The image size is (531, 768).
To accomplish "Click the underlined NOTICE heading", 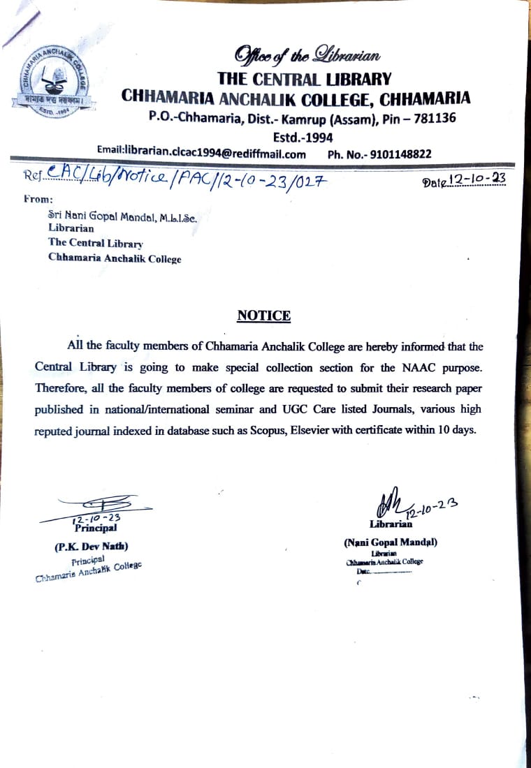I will [263, 316].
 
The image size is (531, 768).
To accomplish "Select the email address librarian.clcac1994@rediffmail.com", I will [202, 154].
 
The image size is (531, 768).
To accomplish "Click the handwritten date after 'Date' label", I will [477, 181].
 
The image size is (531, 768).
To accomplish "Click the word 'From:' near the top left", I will [38, 199].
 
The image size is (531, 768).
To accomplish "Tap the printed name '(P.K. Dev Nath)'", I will [92, 546].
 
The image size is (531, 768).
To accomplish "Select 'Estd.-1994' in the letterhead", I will [303, 137].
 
